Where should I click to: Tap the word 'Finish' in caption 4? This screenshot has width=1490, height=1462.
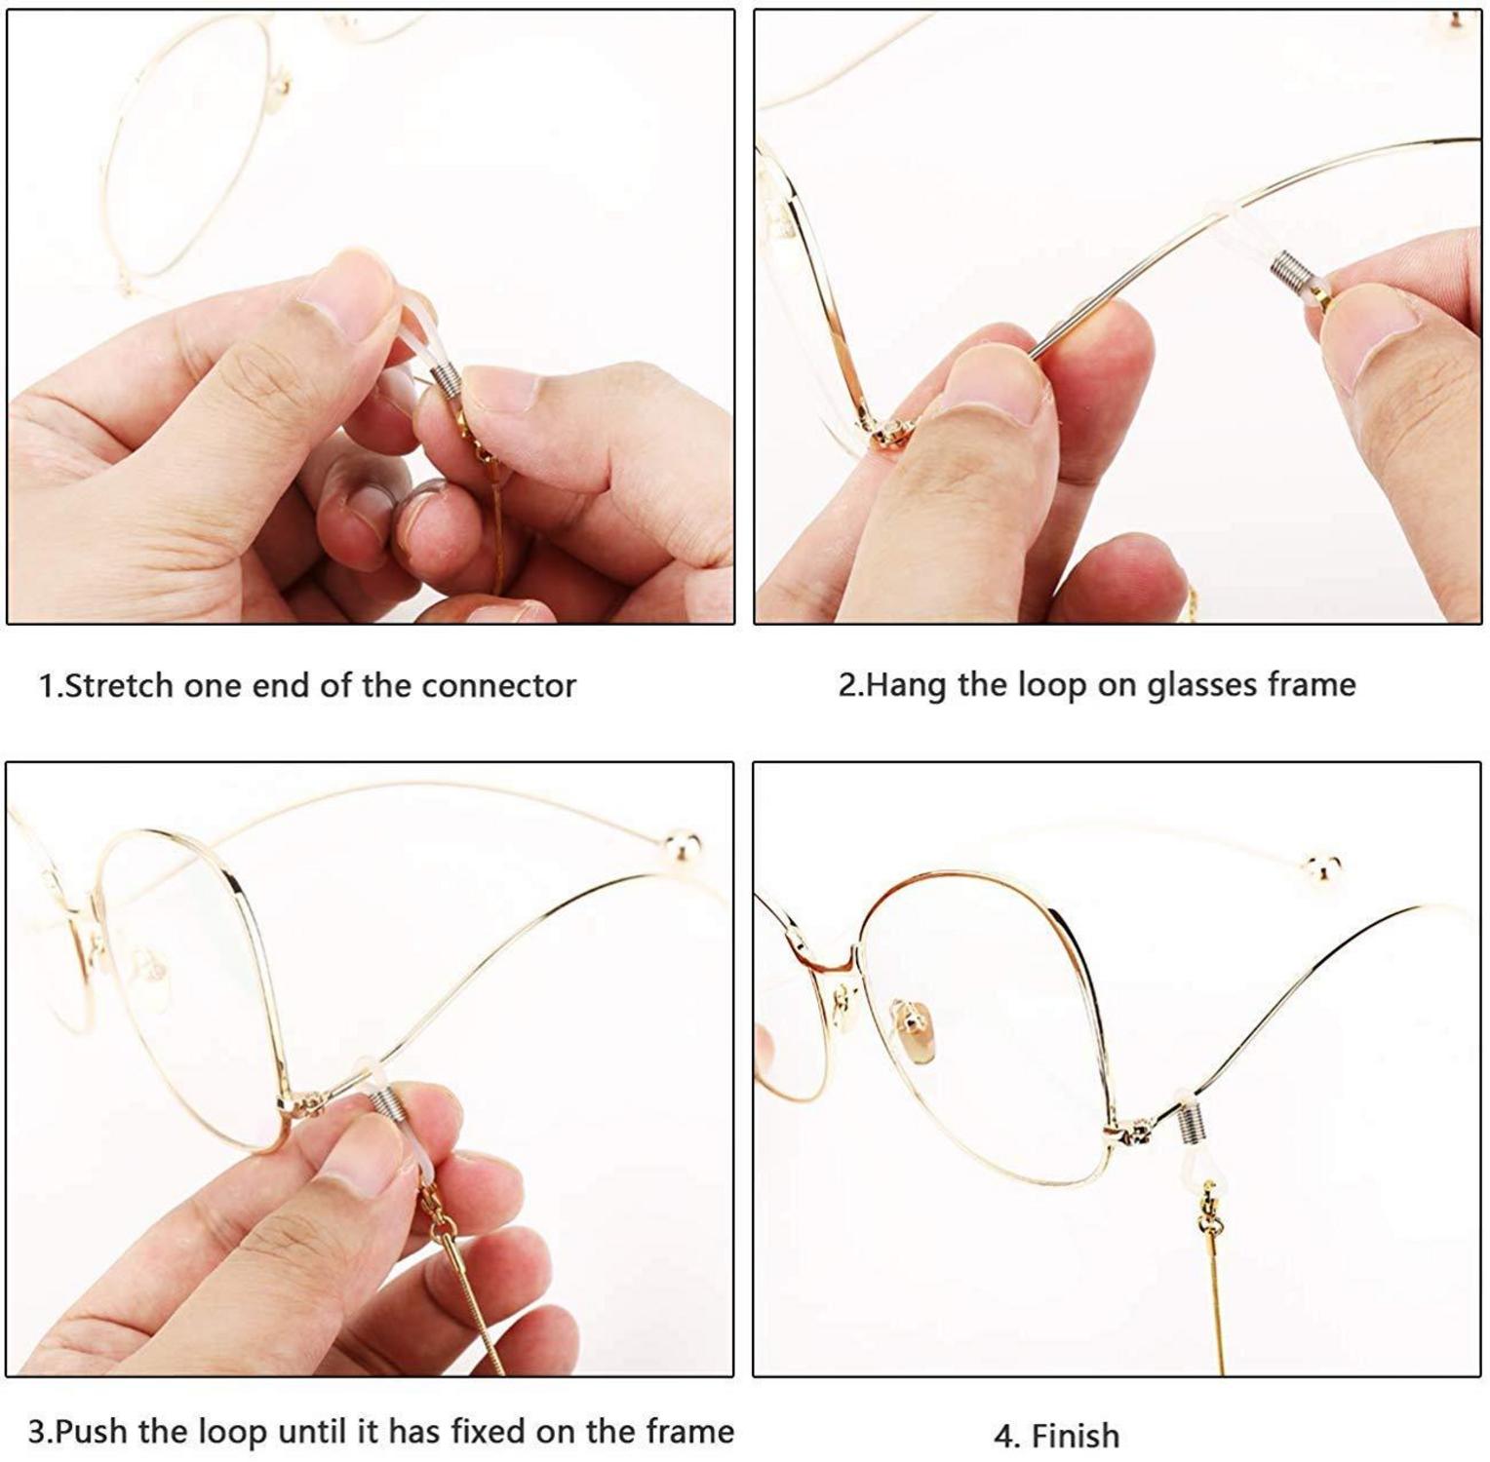pyautogui.click(x=1076, y=1436)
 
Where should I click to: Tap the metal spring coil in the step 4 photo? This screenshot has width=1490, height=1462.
pyautogui.click(x=1192, y=1124)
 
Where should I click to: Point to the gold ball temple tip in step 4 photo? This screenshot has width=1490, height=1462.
pyautogui.click(x=1322, y=866)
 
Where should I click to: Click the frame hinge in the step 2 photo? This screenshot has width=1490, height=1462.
pyautogui.click(x=888, y=432)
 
